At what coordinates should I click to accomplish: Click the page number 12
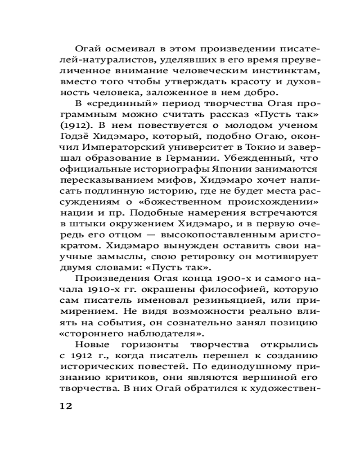click(x=66, y=405)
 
